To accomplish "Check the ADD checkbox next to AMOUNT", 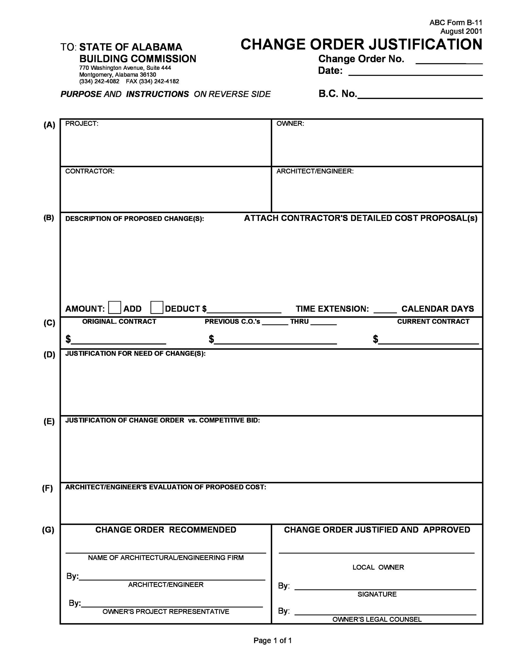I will point(114,307).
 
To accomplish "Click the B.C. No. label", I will point(337,94).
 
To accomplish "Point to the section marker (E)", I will point(49,422).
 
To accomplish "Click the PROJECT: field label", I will point(82,124).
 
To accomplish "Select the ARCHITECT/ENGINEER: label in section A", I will point(315,171).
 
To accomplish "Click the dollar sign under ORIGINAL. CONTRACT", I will point(68,339).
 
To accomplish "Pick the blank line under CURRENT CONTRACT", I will point(428,343).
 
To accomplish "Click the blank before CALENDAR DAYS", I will point(385,312).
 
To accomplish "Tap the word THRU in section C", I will point(299,321).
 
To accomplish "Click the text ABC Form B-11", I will point(455,23).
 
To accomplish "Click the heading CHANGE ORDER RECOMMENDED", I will point(166,530).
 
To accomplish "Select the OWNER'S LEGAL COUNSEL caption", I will point(377,619).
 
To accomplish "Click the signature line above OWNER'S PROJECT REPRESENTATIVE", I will point(172,607).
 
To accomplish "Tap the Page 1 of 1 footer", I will point(272,641).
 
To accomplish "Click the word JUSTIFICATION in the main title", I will point(425,44).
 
